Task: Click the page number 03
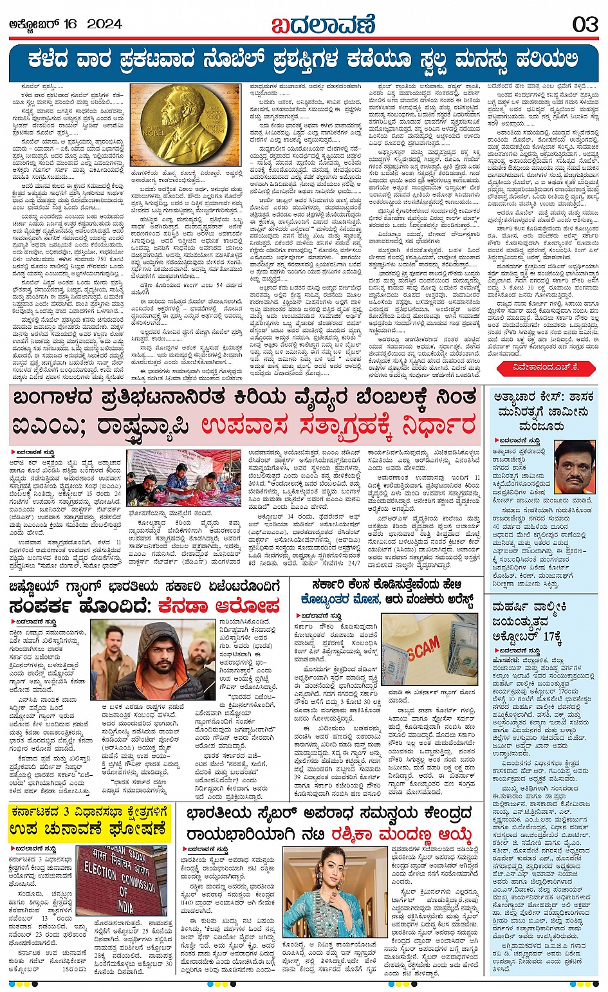tap(585, 24)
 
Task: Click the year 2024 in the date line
tap(104, 24)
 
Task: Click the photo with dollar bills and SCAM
tap(430, 648)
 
